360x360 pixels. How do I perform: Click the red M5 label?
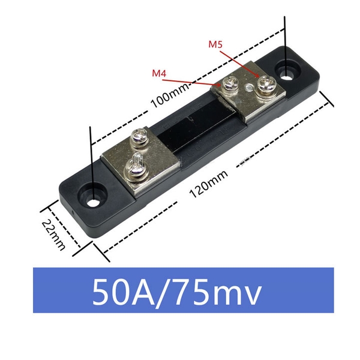coord(216,44)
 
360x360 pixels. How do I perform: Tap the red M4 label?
coord(159,73)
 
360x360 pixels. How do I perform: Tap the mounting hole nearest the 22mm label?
coord(93,198)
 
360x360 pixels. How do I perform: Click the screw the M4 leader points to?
coord(230,85)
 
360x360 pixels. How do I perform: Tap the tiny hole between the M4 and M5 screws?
coord(248,86)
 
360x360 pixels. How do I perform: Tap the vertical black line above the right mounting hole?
coord(284,36)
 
